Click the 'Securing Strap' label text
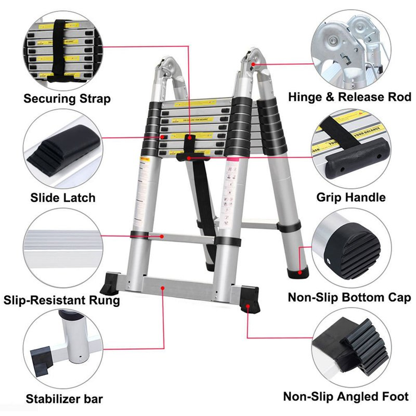pos(67,98)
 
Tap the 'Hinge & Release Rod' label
pos(349,97)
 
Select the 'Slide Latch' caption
pos(63,197)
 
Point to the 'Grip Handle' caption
pos(351,197)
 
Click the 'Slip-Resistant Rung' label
pos(62,300)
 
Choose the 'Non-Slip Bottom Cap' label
pos(349,297)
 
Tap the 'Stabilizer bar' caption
pos(64,399)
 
